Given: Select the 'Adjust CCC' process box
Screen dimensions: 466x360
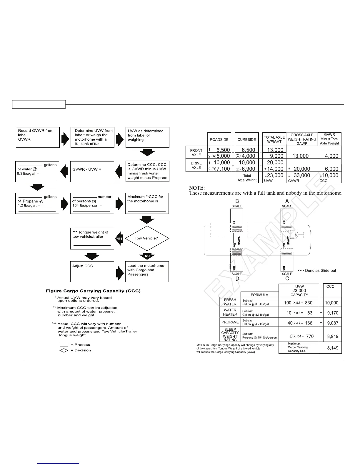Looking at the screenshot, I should click(x=92, y=272).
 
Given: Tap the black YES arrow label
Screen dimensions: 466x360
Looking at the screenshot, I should click(x=119, y=239).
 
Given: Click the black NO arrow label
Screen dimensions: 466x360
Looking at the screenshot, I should click(x=147, y=256).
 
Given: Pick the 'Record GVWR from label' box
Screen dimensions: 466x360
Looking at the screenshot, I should click(x=37, y=137).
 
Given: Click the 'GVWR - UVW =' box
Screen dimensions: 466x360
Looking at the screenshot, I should click(x=92, y=172).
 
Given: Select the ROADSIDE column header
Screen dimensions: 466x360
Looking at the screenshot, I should click(x=219, y=140).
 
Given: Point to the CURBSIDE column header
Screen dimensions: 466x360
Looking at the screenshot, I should click(x=246, y=140).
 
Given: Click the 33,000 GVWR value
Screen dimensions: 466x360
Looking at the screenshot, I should click(x=302, y=175).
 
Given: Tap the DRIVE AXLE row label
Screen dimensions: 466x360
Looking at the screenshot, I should click(x=196, y=165).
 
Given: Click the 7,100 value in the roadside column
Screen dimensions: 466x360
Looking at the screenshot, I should click(x=223, y=169).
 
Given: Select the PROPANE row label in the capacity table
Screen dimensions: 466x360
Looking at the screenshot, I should click(x=230, y=322).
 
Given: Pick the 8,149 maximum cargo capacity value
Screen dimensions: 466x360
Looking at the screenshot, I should click(x=333, y=348).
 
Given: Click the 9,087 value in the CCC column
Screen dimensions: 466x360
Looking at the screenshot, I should click(x=333, y=323).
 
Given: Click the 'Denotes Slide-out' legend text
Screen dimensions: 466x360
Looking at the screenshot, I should click(x=320, y=271).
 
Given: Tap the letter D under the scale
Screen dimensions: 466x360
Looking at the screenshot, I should click(x=237, y=279).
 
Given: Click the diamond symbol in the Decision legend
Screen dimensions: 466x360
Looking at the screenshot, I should click(x=64, y=350).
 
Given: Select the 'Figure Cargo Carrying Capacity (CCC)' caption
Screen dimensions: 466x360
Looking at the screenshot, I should click(x=93, y=291).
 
